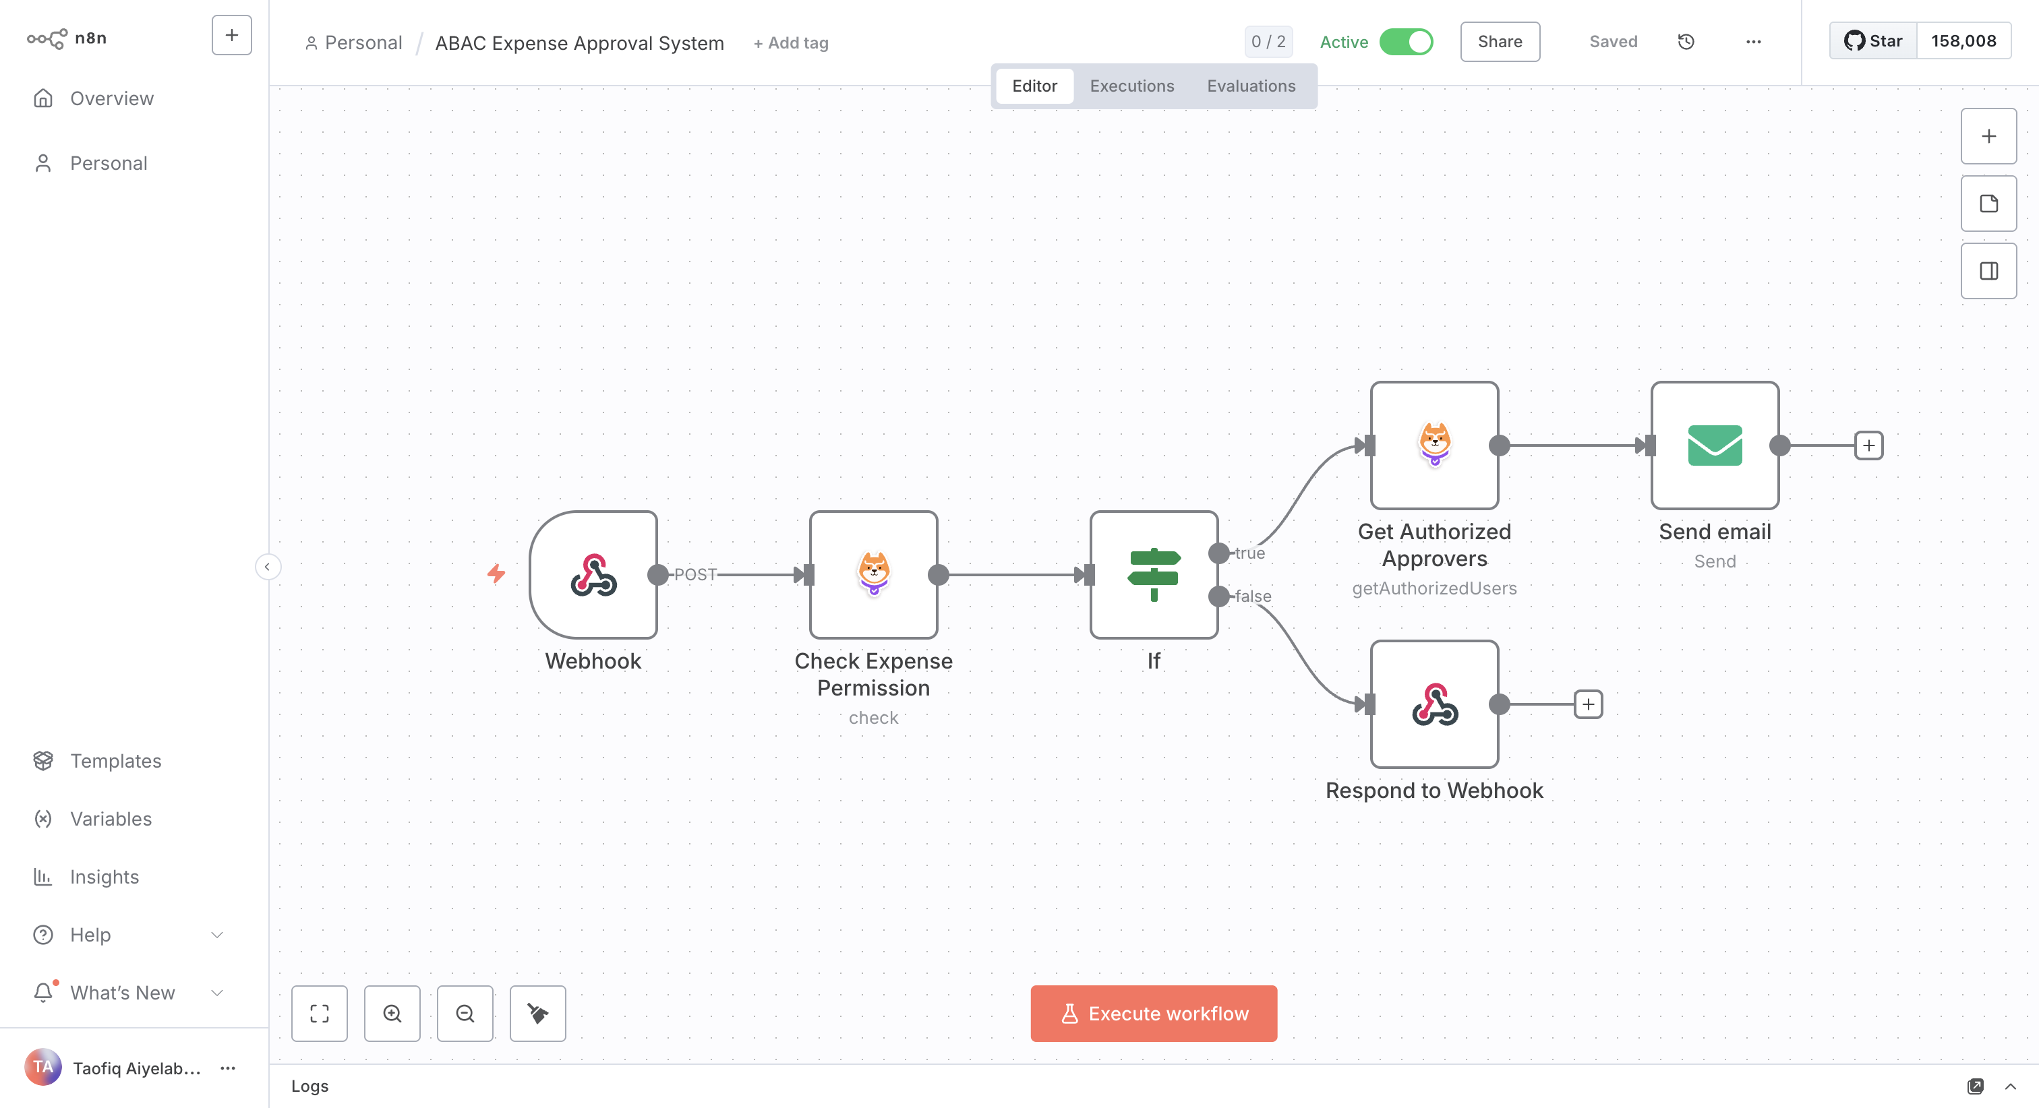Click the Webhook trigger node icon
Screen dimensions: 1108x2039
coord(593,575)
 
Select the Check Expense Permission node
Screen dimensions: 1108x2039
coord(873,575)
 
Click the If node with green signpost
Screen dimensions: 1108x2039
coord(1153,575)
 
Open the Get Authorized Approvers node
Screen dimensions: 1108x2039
coord(1434,445)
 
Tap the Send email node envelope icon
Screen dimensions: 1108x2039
coord(1715,445)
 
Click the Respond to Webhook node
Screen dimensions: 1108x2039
coord(1434,704)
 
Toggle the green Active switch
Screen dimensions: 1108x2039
coord(1406,42)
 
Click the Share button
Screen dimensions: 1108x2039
coord(1499,42)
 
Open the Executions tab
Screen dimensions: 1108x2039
coord(1131,86)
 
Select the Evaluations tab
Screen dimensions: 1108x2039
coord(1251,86)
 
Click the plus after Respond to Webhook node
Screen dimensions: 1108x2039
coord(1588,704)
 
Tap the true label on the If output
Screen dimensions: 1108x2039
coord(1250,553)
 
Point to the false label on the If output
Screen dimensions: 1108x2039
coord(1253,596)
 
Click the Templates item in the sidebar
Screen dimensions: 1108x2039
coord(115,760)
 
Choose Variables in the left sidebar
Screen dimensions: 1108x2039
coord(111,818)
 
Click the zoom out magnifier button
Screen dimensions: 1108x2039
coord(465,1013)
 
